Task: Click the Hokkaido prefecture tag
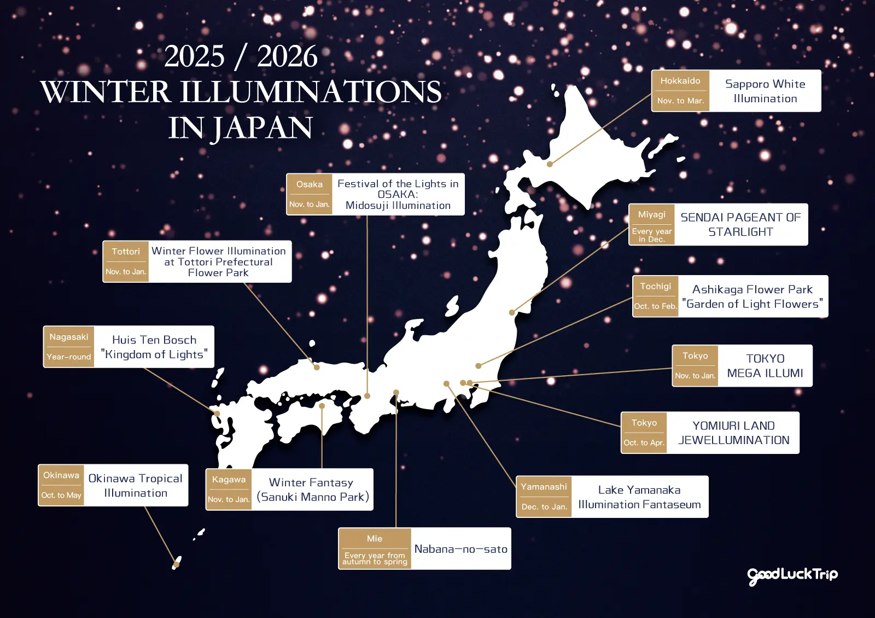click(680, 81)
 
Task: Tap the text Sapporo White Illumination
click(765, 91)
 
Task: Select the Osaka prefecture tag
click(310, 184)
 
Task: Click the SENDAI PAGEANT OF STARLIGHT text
click(740, 225)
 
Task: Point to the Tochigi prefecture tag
click(655, 286)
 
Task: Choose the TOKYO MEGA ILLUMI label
click(765, 366)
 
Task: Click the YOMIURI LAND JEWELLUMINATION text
click(733, 433)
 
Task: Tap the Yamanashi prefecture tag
click(544, 486)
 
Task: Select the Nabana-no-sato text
click(460, 549)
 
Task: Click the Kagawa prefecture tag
click(229, 479)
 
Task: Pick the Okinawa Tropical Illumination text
click(136, 486)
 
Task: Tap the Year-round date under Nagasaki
click(69, 357)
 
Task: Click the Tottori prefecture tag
click(126, 252)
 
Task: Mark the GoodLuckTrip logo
click(792, 575)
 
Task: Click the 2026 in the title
click(287, 57)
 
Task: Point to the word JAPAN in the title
click(262, 128)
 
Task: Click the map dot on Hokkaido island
click(550, 164)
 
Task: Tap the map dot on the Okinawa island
click(176, 563)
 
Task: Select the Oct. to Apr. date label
click(644, 442)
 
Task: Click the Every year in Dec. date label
click(651, 235)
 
